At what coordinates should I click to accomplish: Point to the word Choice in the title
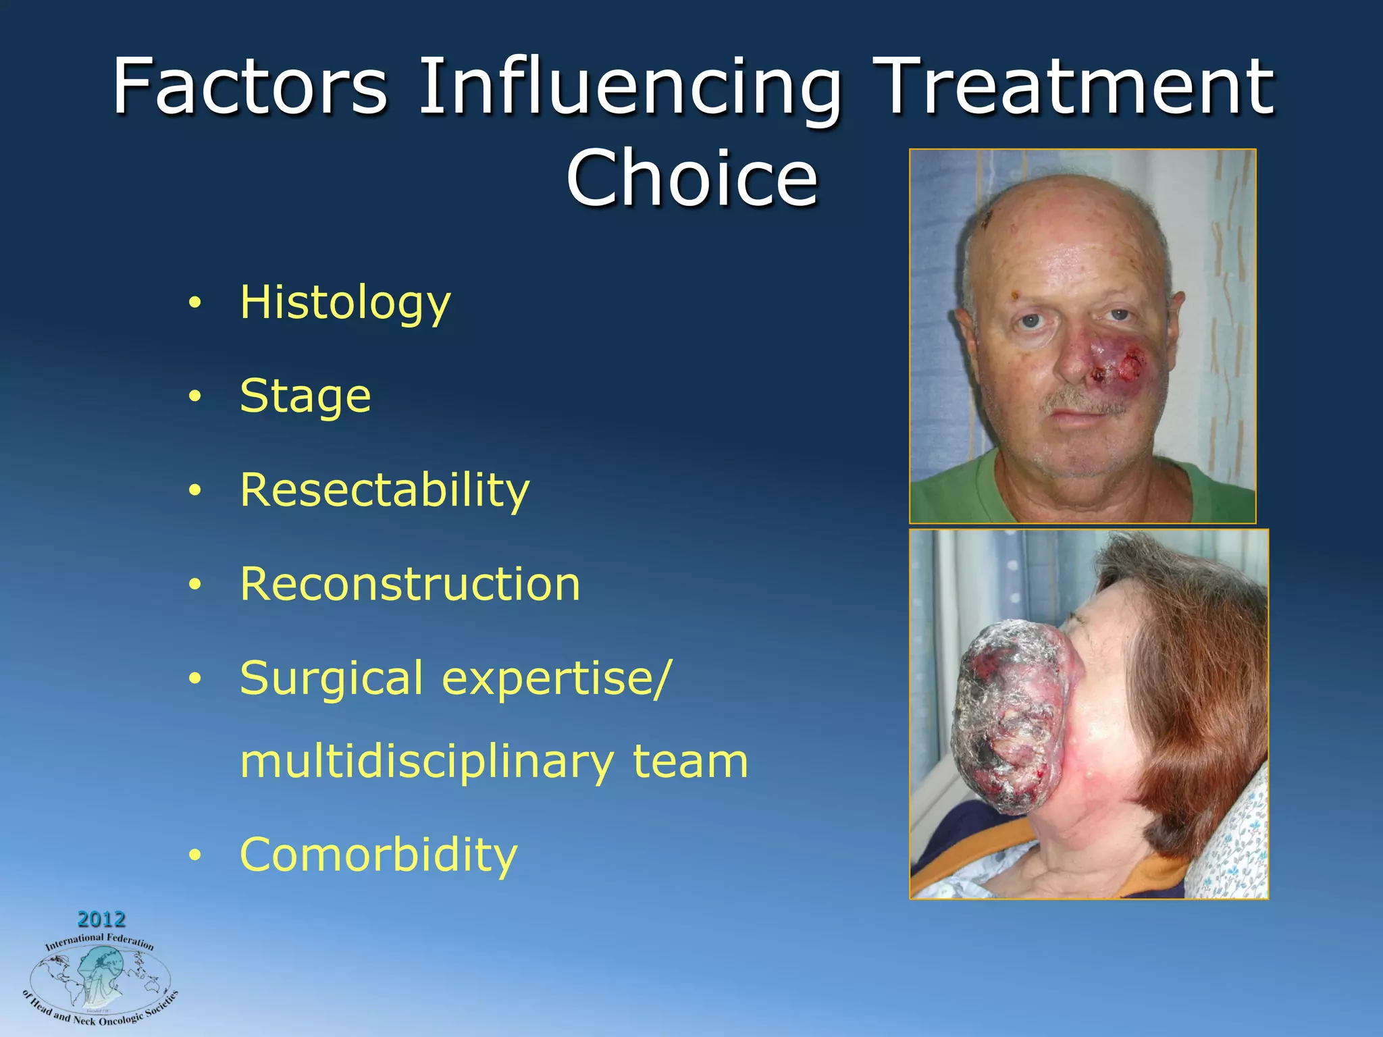tap(691, 178)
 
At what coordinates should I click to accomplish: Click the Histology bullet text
tap(345, 302)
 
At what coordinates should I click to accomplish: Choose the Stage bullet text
tap(305, 396)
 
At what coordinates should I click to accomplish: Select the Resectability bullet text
tap(385, 489)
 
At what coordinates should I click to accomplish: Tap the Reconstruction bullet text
tap(410, 583)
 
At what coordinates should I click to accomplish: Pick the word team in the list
tap(690, 762)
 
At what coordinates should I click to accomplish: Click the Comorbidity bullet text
tap(378, 855)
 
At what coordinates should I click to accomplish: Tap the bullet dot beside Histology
tap(195, 304)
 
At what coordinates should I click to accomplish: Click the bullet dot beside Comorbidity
tap(195, 856)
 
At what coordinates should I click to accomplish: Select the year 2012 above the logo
tap(101, 919)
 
